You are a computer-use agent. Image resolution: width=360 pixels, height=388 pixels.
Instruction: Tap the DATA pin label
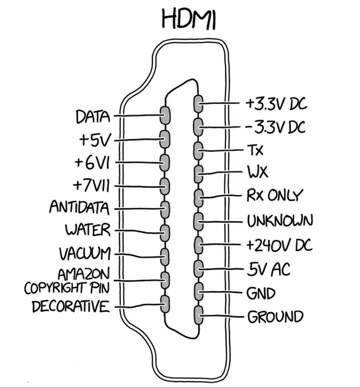[x=93, y=117]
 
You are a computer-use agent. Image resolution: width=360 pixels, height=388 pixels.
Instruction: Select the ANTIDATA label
[x=79, y=207]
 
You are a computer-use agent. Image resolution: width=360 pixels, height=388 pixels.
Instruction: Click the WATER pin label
[x=88, y=230]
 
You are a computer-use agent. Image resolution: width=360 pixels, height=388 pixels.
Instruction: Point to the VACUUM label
[x=85, y=254]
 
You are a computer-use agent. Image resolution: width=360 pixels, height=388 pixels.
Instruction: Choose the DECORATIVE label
[x=71, y=306]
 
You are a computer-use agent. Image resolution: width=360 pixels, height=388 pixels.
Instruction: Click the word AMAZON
[x=83, y=274]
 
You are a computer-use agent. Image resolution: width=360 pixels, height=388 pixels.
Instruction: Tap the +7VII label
[x=91, y=186]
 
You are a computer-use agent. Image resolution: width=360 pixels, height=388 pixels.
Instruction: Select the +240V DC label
[x=279, y=245]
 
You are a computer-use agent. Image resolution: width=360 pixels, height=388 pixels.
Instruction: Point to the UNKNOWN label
[x=280, y=221]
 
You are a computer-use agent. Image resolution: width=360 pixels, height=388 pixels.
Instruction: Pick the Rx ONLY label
[x=274, y=196]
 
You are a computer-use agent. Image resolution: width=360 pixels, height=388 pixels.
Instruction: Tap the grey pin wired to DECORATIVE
[x=166, y=304]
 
